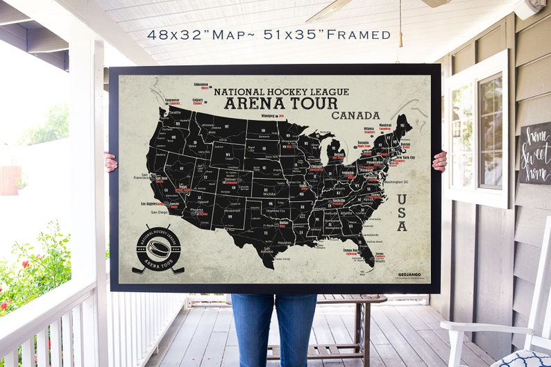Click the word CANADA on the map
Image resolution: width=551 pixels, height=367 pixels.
click(355, 115)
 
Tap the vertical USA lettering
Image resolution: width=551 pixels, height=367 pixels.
click(402, 212)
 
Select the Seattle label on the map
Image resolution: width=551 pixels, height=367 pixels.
click(174, 111)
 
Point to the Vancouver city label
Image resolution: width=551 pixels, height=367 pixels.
click(172, 101)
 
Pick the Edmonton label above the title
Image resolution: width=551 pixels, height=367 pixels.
click(201, 85)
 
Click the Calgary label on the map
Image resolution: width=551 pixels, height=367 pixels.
click(197, 100)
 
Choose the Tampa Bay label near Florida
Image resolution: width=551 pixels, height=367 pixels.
click(349, 250)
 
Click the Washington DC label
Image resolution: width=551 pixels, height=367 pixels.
click(396, 182)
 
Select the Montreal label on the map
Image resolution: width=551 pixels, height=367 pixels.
click(384, 126)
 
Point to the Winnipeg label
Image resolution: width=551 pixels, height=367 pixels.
click(268, 116)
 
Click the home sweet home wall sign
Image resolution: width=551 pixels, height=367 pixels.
click(535, 153)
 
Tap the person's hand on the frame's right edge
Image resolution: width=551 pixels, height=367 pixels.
click(439, 162)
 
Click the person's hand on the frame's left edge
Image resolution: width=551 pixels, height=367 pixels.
click(110, 161)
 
